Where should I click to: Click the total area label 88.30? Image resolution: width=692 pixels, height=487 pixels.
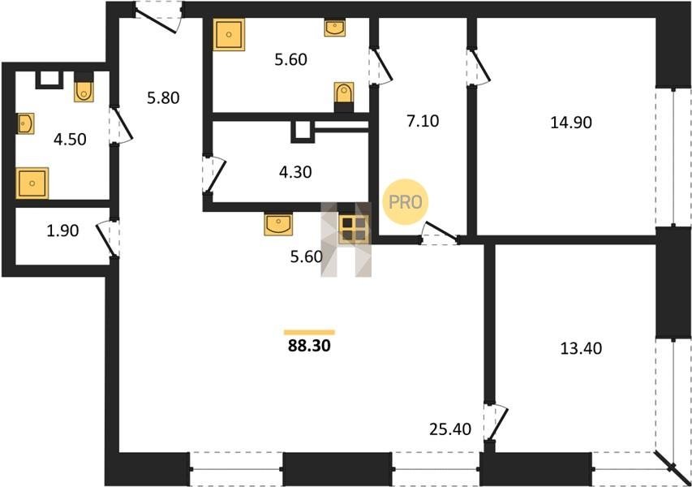(x=309, y=345)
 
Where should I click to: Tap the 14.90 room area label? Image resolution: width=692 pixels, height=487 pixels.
(x=571, y=123)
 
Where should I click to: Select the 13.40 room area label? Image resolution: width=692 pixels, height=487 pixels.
(x=581, y=348)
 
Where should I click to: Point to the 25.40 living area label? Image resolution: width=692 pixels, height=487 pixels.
(x=450, y=429)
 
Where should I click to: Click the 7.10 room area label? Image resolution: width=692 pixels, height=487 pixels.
(x=423, y=121)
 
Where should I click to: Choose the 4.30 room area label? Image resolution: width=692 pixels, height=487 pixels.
(x=295, y=172)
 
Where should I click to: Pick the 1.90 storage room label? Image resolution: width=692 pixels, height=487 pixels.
(x=62, y=230)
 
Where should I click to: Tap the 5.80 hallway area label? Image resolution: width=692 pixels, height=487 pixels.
(x=163, y=97)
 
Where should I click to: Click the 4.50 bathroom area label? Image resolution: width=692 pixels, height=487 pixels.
(x=70, y=140)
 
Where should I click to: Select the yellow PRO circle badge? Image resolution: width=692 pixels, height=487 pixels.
(x=405, y=202)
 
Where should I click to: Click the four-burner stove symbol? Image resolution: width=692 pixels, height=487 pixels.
(x=354, y=229)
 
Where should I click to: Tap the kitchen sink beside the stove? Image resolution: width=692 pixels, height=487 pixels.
(x=278, y=224)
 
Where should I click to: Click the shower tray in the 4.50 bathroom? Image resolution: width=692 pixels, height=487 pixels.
(x=32, y=183)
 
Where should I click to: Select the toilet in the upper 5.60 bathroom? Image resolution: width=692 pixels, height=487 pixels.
(x=344, y=93)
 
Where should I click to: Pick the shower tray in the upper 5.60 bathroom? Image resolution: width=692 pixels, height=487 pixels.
(x=229, y=34)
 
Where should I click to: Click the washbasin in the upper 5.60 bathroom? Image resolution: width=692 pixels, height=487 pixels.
(x=335, y=28)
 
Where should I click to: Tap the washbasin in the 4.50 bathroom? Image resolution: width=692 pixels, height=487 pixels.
(x=25, y=123)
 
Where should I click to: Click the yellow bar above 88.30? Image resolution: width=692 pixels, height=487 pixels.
(x=309, y=333)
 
